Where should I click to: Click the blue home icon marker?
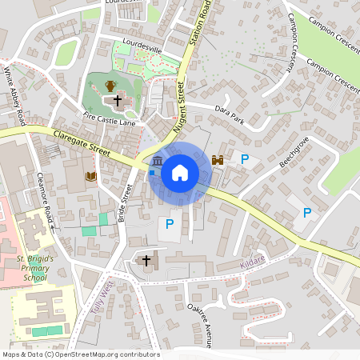click(179, 173)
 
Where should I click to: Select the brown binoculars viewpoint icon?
click(218, 160)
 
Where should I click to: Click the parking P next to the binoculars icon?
click(245, 160)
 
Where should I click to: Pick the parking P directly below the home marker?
click(169, 225)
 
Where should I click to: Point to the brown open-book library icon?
click(91, 176)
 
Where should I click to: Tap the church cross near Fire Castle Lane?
click(118, 101)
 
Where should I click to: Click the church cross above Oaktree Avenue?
click(146, 260)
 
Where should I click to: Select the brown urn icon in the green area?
click(110, 85)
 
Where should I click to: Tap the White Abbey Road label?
click(15, 95)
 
